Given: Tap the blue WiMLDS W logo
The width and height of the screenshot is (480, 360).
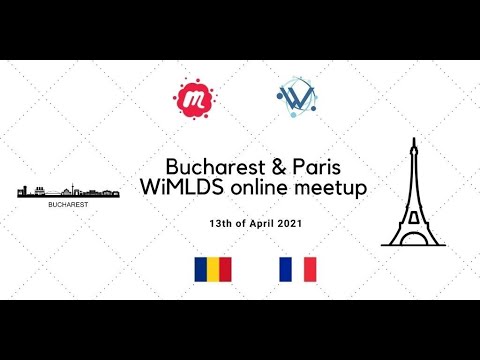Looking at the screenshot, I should [295, 98].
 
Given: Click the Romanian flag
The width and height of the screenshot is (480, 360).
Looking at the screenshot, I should [213, 268].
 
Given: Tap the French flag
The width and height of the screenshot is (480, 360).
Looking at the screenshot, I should [297, 268].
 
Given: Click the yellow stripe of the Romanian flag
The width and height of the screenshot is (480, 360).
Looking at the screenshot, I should [213, 268].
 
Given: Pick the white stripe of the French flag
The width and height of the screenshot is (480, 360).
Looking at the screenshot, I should [297, 268].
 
